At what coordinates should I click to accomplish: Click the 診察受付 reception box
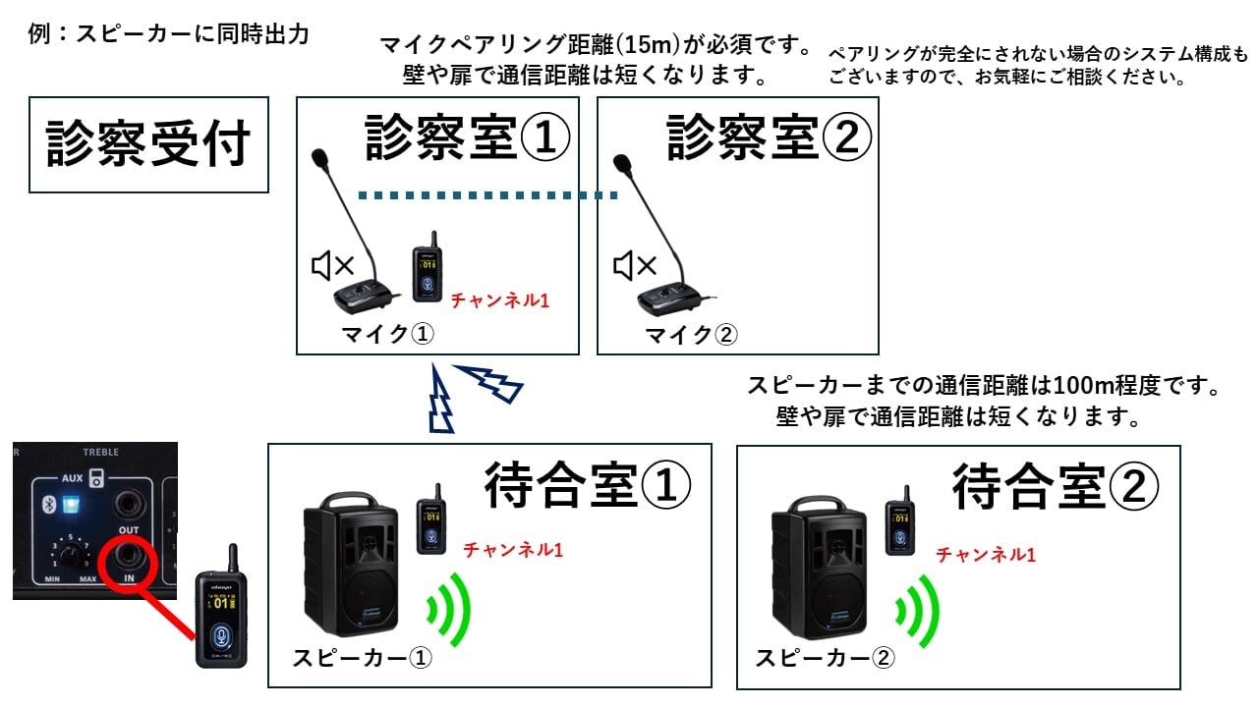pos(148,144)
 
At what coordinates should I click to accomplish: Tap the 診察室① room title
pos(467,136)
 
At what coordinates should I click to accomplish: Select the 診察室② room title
pos(769,136)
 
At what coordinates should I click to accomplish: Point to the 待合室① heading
pos(588,486)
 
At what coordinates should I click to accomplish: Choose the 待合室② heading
pos(1056,486)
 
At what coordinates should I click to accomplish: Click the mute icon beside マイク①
pos(332,265)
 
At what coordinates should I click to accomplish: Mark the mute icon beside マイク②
pos(634,265)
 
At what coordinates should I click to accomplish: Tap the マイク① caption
pos(386,335)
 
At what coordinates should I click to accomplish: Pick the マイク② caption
pos(690,335)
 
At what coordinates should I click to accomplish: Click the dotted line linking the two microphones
pos(486,195)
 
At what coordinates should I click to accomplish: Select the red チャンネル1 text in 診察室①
pos(499,300)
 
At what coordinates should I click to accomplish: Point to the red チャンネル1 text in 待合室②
pos(986,555)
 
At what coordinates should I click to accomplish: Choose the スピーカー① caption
pos(362,658)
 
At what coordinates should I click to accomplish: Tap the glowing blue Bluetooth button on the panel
pos(70,506)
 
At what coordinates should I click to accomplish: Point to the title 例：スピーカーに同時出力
pos(170,35)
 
